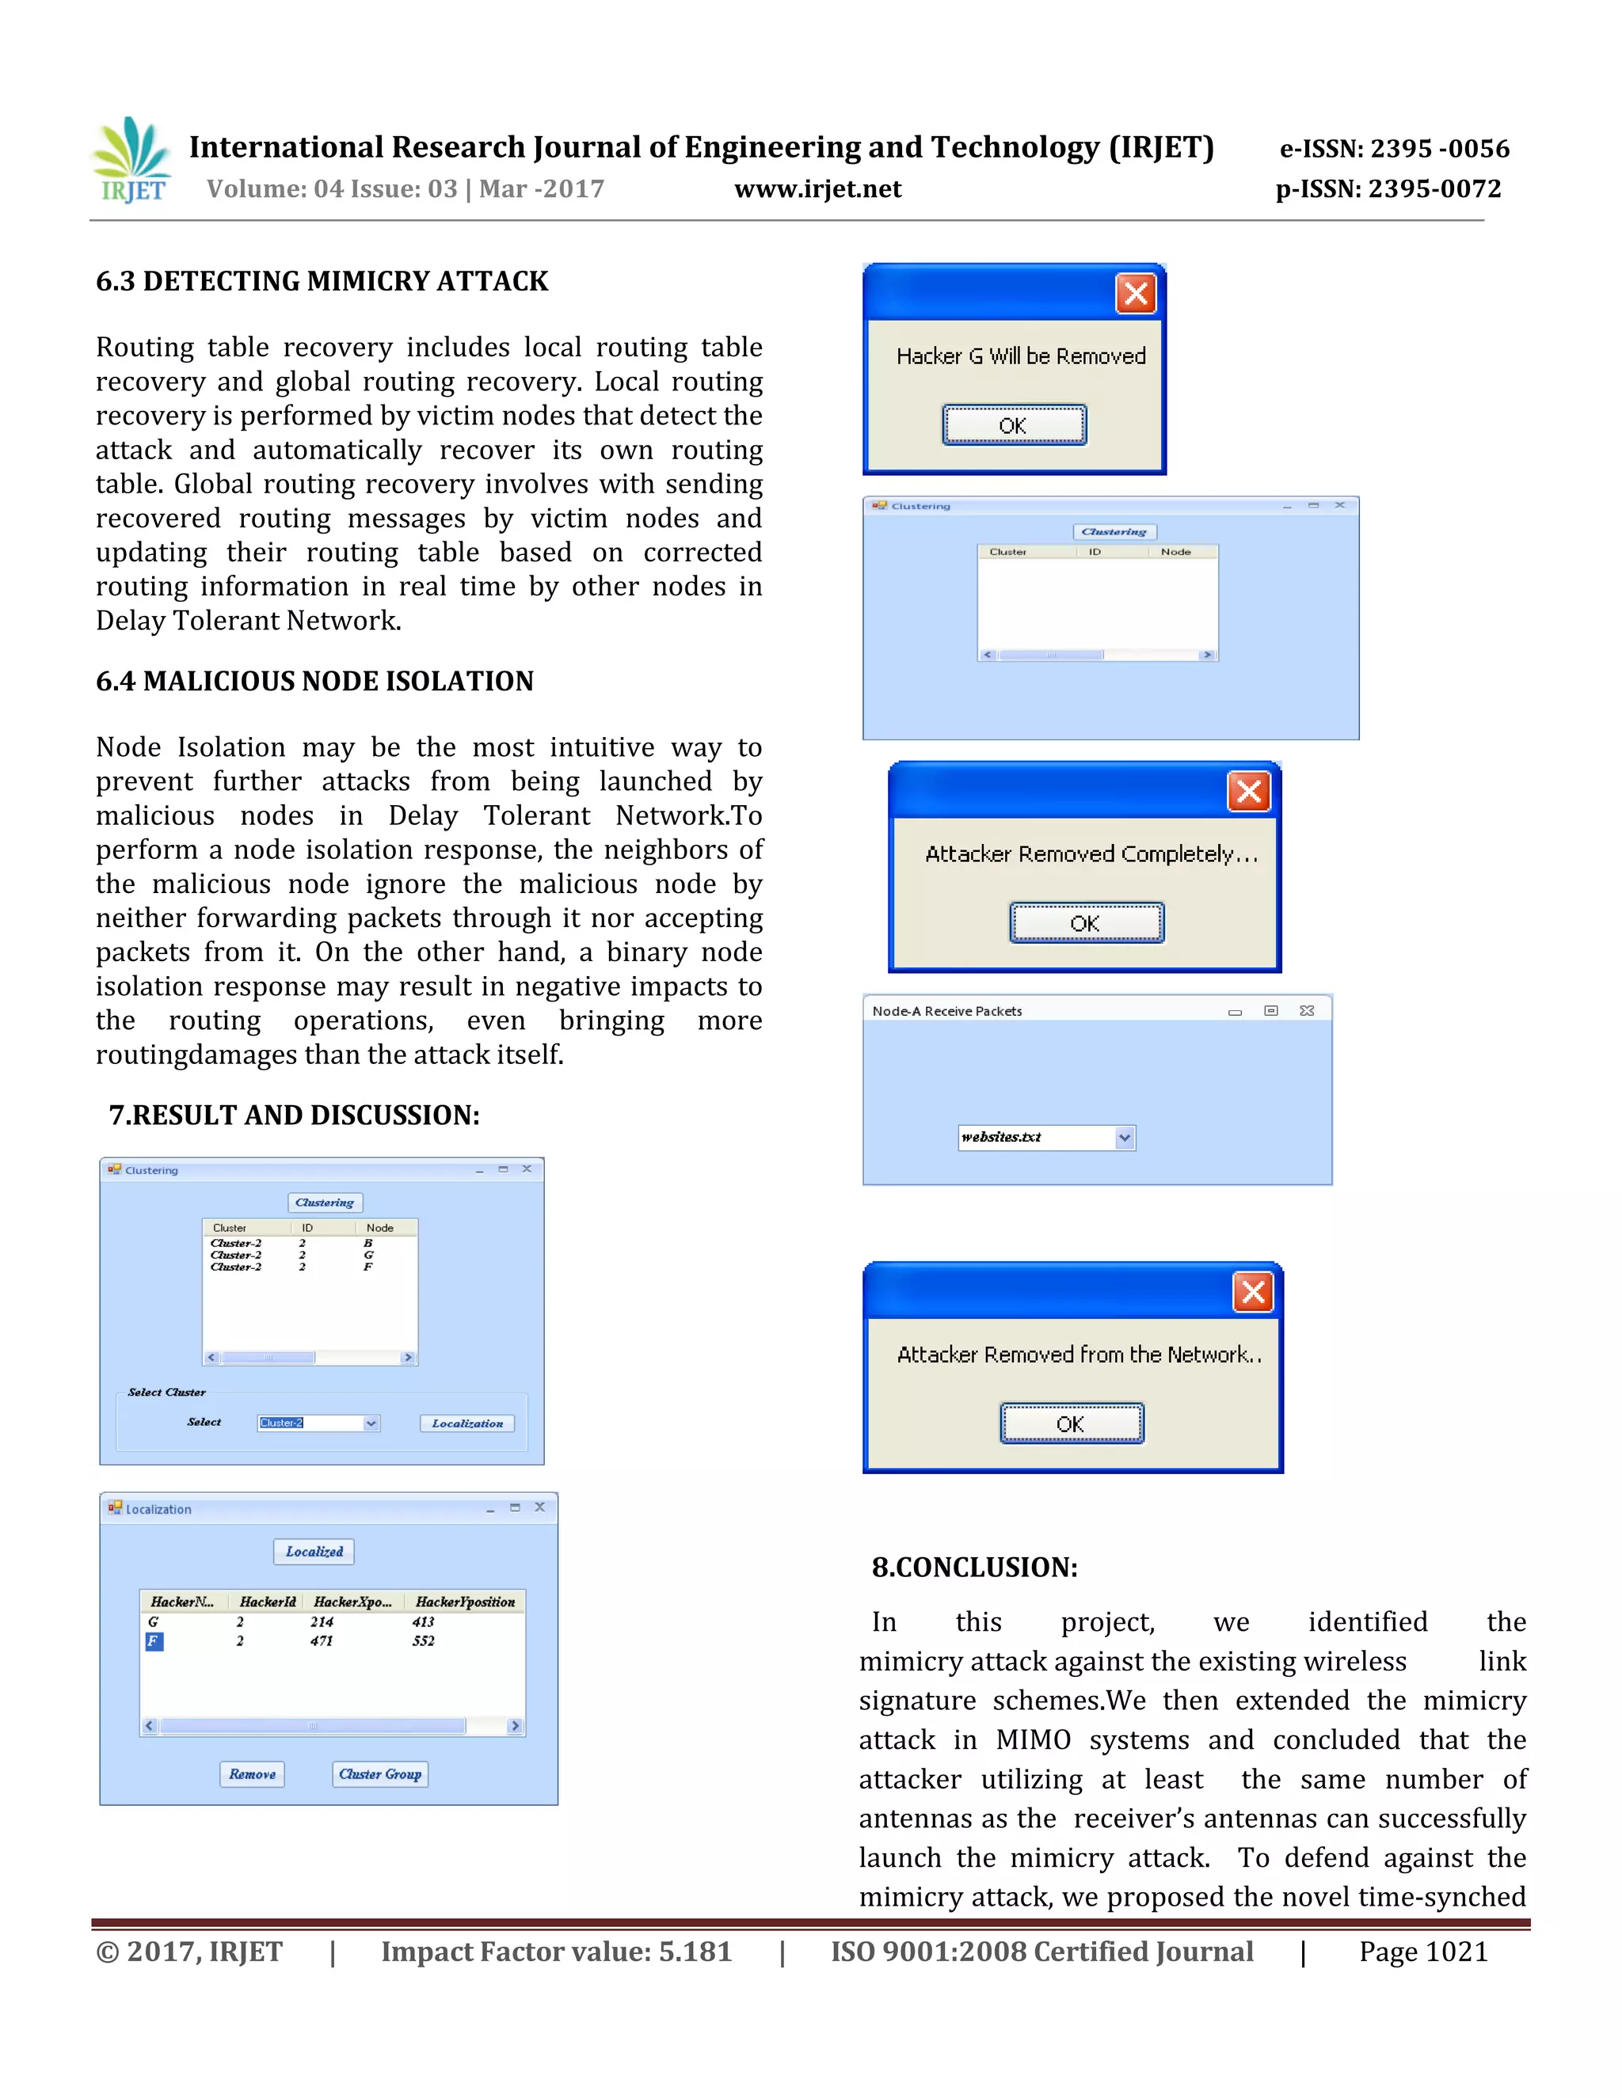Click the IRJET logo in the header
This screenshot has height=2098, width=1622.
[x=132, y=161]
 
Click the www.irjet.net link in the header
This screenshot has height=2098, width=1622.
[x=817, y=189]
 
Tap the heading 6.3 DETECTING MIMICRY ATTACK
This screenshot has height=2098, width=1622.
[x=322, y=282]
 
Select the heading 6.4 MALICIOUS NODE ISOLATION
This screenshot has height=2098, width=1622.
[x=314, y=681]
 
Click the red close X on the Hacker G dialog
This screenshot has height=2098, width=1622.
[x=1135, y=294]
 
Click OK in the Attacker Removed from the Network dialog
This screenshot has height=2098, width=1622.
[x=1072, y=1423]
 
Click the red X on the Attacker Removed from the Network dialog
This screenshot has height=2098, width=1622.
[x=1253, y=1292]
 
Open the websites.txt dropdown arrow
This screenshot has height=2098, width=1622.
[x=1125, y=1138]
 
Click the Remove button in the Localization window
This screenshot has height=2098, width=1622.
[x=252, y=1774]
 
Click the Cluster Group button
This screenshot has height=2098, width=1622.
[x=380, y=1774]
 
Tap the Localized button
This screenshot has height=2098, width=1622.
[x=314, y=1552]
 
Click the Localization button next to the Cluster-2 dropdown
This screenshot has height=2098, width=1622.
[x=467, y=1423]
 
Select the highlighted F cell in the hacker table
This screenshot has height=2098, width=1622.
[x=154, y=1640]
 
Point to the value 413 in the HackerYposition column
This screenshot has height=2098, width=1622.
[x=424, y=1621]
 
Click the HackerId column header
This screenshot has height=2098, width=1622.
[x=268, y=1602]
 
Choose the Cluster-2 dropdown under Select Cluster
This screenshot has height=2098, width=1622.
[x=318, y=1423]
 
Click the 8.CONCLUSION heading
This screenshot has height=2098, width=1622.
[x=974, y=1568]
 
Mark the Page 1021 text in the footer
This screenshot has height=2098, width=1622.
[x=1422, y=1952]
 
